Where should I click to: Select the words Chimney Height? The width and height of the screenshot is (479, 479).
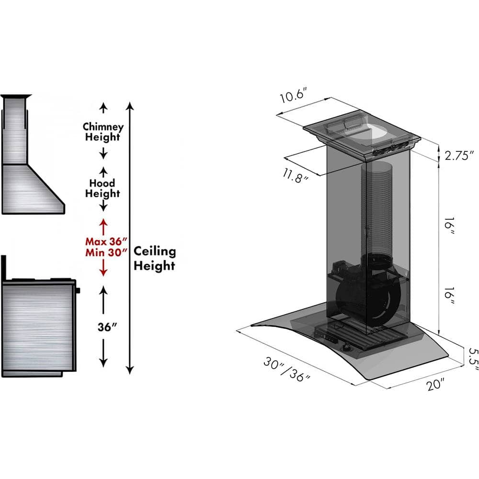click(x=103, y=132)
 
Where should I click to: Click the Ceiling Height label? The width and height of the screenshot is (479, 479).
click(x=154, y=258)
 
